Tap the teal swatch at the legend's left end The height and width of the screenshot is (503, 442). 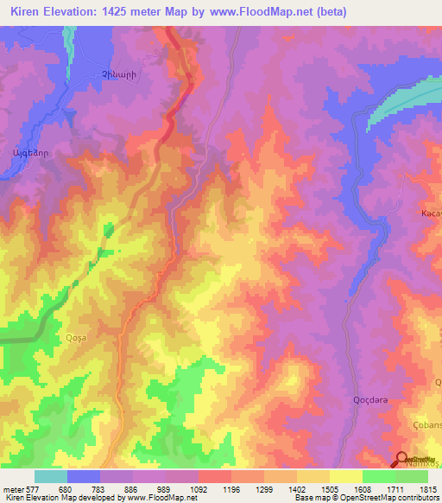click(x=51, y=476)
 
